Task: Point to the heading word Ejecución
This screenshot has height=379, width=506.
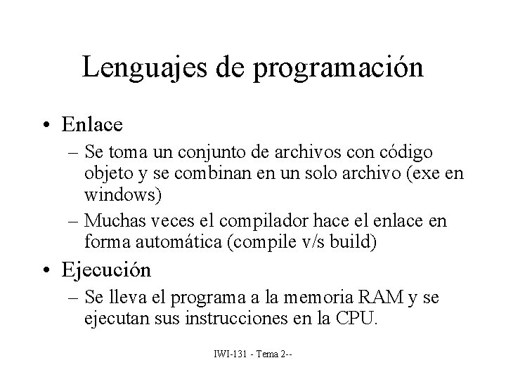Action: pyautogui.click(x=106, y=270)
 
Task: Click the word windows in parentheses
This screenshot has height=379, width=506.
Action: pyautogui.click(x=122, y=192)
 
